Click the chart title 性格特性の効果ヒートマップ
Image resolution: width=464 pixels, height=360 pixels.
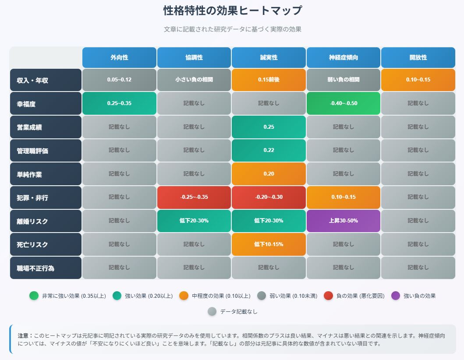[x=232, y=11]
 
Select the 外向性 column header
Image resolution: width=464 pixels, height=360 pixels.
[x=119, y=57]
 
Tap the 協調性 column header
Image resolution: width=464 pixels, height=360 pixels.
[x=194, y=57]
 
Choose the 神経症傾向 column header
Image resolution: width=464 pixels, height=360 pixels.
[x=344, y=57]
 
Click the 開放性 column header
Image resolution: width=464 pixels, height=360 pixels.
[x=418, y=57]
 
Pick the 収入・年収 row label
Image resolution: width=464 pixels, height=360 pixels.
[x=46, y=80]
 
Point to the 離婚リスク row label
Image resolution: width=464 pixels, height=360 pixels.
[x=46, y=221]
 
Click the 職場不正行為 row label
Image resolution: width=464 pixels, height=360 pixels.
[x=46, y=268]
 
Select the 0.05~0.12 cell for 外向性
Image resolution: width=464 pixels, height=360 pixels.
[x=119, y=80]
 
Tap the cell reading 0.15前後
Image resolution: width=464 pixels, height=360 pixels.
[x=269, y=80]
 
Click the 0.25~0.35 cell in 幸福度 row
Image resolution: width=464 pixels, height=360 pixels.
[x=119, y=103]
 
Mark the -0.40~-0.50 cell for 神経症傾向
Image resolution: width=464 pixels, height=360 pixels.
[x=344, y=103]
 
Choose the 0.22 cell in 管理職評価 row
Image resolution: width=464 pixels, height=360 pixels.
[x=269, y=150]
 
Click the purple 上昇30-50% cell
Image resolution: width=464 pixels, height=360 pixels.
[x=344, y=221]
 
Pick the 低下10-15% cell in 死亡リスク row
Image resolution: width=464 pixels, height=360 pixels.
[x=269, y=244]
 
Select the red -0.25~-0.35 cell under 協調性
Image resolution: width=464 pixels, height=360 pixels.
[x=194, y=197]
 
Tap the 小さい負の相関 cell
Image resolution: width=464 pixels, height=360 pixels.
[x=194, y=80]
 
